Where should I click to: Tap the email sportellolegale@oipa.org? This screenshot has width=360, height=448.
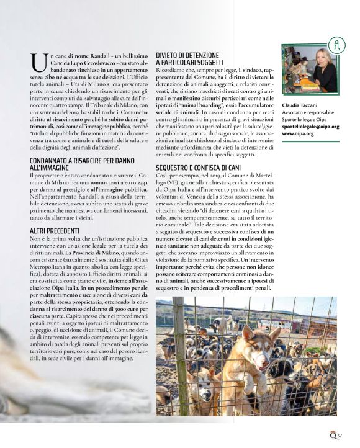[310, 126]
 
